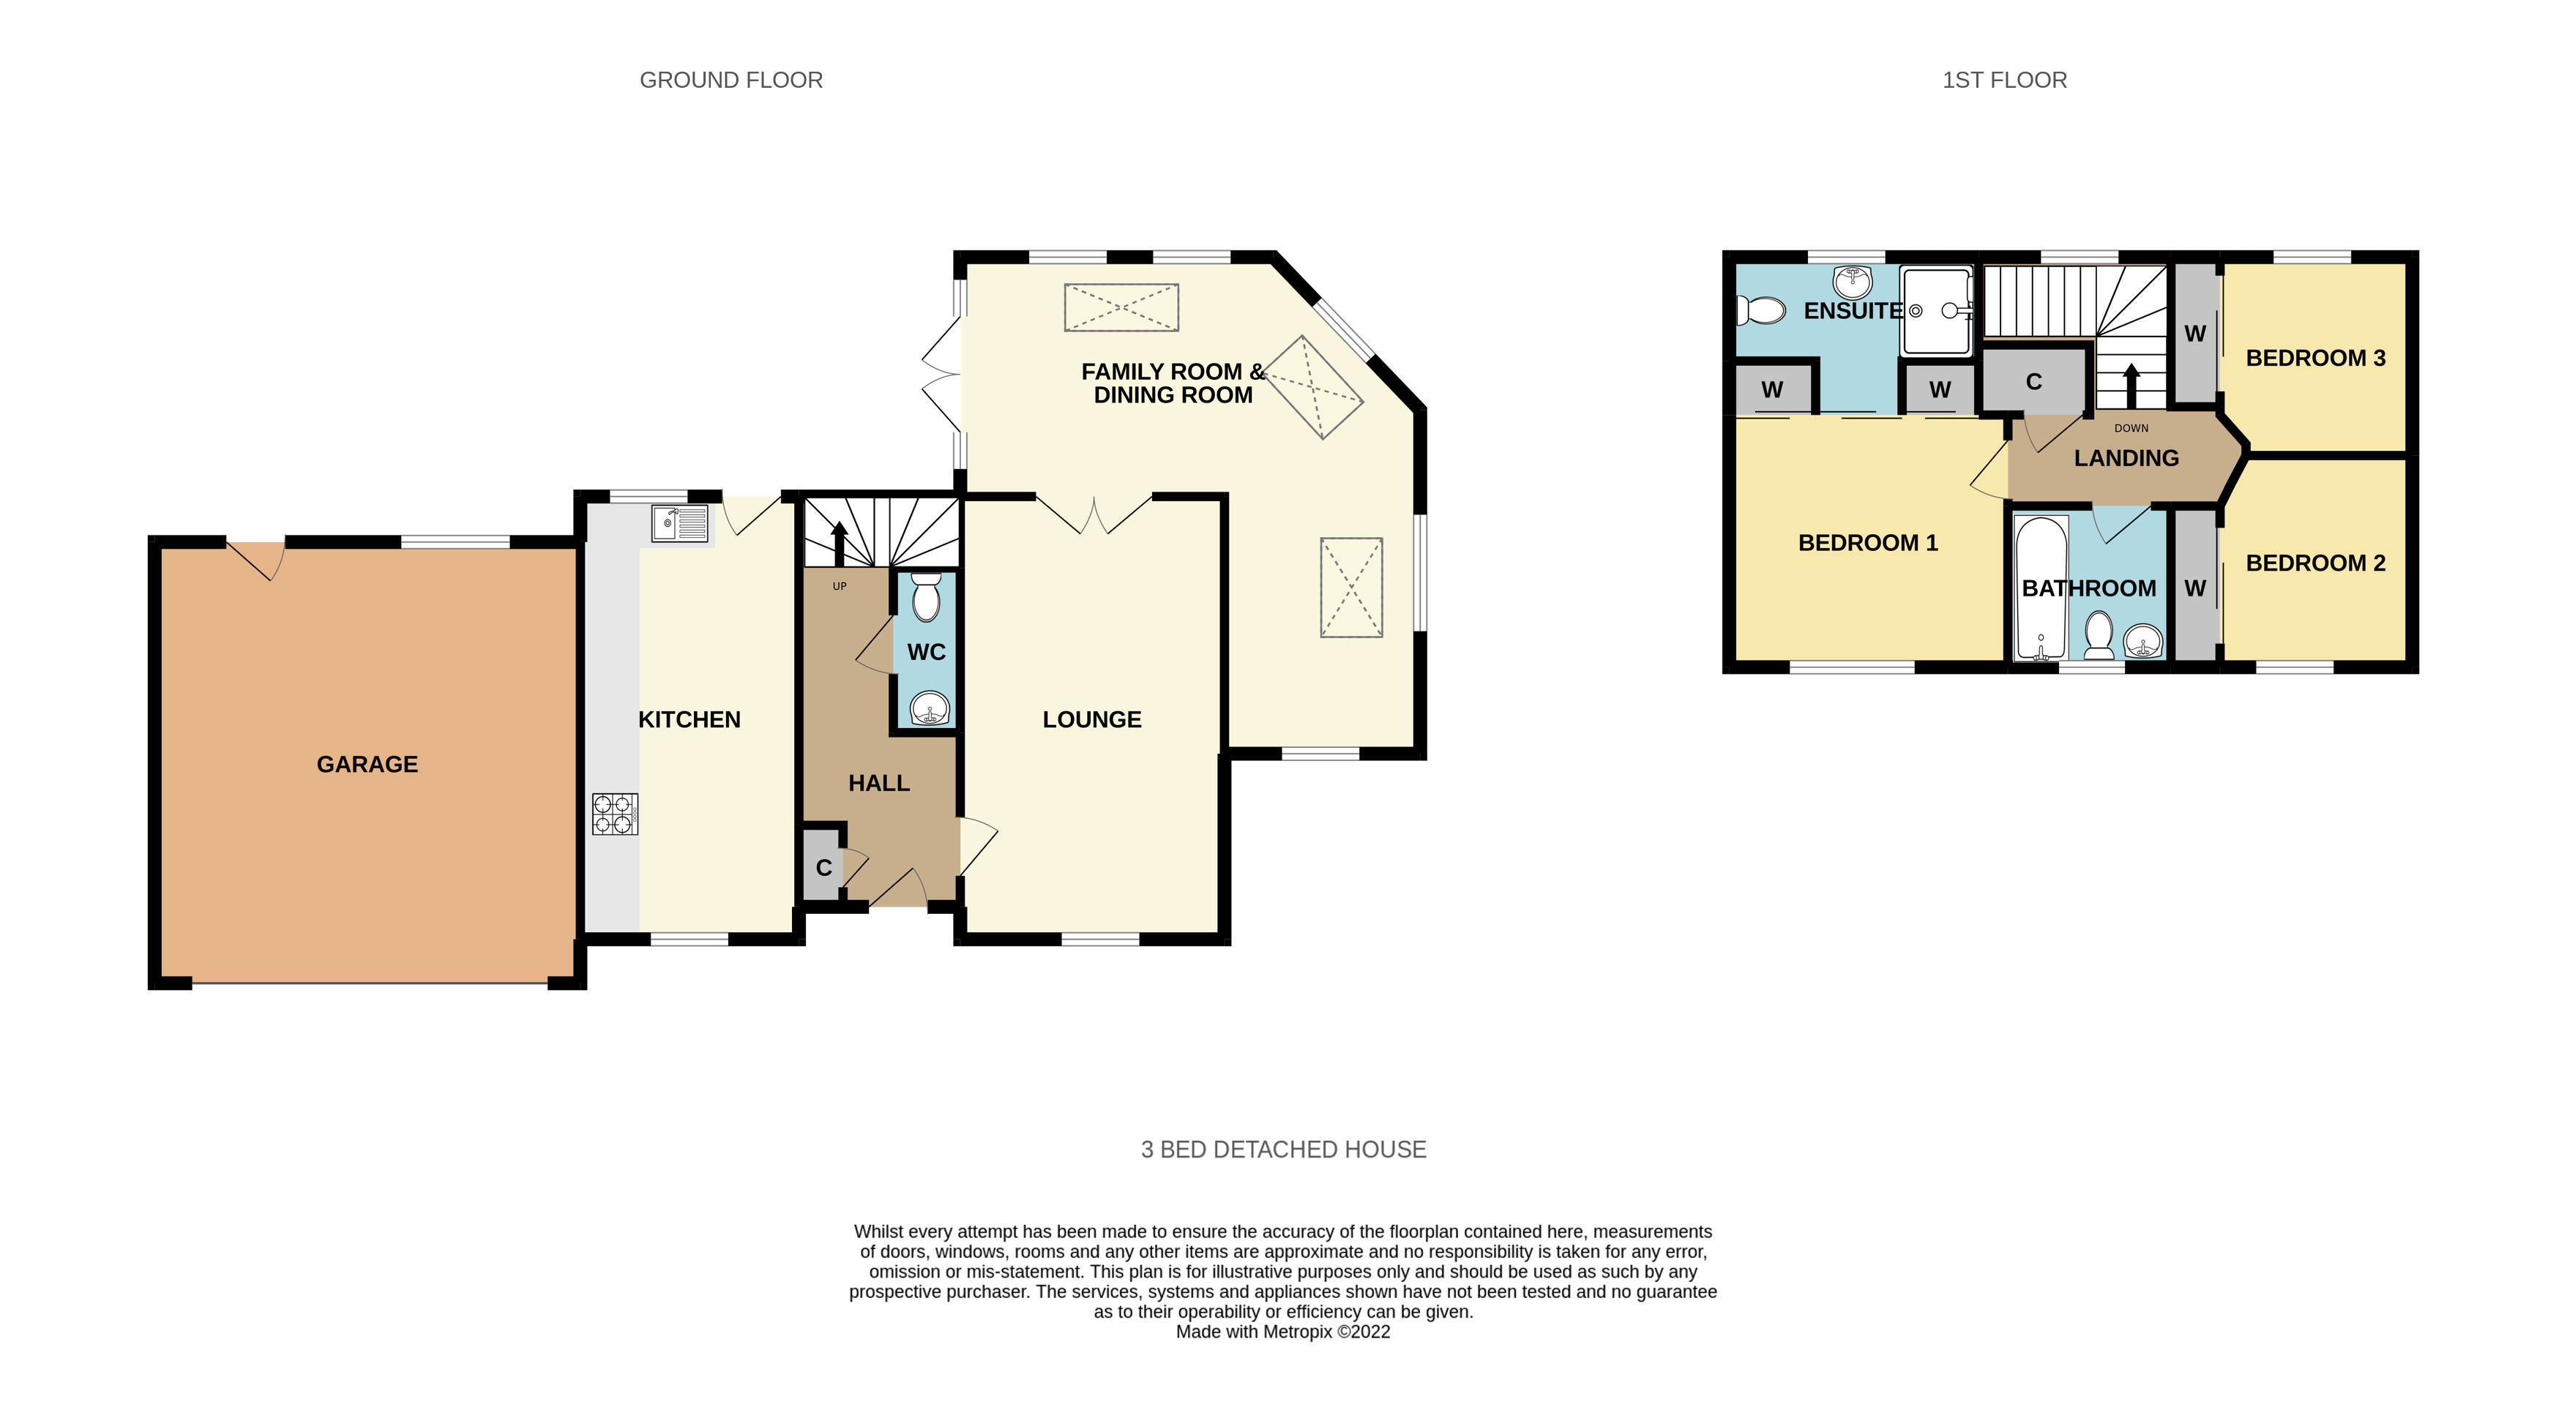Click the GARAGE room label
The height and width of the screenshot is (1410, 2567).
coord(367,765)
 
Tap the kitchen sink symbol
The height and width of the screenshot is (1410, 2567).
coord(679,523)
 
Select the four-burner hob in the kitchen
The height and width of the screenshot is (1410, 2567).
coord(615,813)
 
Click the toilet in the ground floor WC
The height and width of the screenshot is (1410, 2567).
coord(926,598)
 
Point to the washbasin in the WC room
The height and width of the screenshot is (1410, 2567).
coord(930,708)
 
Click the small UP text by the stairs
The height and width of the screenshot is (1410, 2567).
coord(839,586)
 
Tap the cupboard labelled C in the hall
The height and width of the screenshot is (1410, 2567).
coord(823,867)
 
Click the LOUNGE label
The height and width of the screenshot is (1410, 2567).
coord(1091,719)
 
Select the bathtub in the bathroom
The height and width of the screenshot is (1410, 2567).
coord(2040,588)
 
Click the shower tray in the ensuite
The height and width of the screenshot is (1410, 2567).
coord(1936,310)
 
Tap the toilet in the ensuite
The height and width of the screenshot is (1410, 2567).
coord(1761,311)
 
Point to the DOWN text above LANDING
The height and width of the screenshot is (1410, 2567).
coord(2131,429)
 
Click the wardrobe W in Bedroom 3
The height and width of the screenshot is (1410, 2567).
coord(2194,334)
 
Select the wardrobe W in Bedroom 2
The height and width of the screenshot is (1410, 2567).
coord(2194,588)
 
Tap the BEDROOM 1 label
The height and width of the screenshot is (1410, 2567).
coord(1867,543)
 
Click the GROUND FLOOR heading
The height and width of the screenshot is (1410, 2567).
coord(731,80)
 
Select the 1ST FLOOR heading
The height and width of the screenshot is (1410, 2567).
coord(2004,80)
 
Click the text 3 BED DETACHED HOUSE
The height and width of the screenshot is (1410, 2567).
coord(1282,1149)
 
